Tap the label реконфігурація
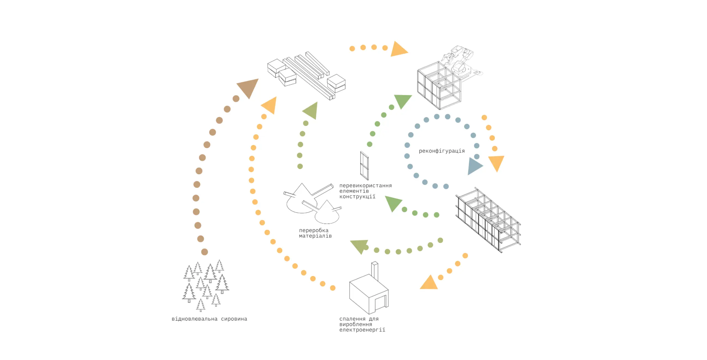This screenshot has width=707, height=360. click(442, 151)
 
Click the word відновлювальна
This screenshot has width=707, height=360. click(194, 319)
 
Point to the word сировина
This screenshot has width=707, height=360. click(234, 319)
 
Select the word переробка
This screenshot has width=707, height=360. click(314, 230)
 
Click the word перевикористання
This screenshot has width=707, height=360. click(365, 186)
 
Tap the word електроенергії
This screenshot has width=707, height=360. click(362, 330)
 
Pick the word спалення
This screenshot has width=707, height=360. click(352, 319)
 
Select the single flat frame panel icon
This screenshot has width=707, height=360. click(364, 166)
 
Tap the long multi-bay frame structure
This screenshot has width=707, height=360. click(488, 220)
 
